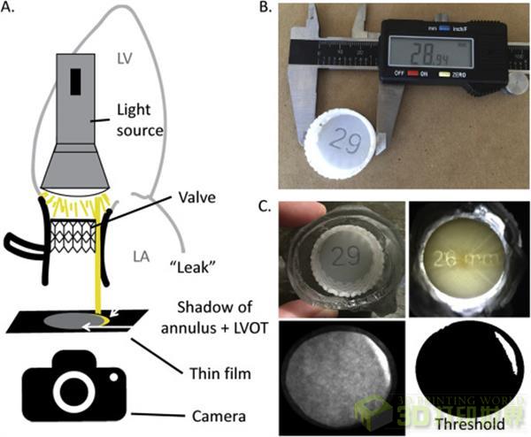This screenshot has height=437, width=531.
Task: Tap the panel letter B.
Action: [x=277, y=10]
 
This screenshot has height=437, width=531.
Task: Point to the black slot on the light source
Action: [x=75, y=81]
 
